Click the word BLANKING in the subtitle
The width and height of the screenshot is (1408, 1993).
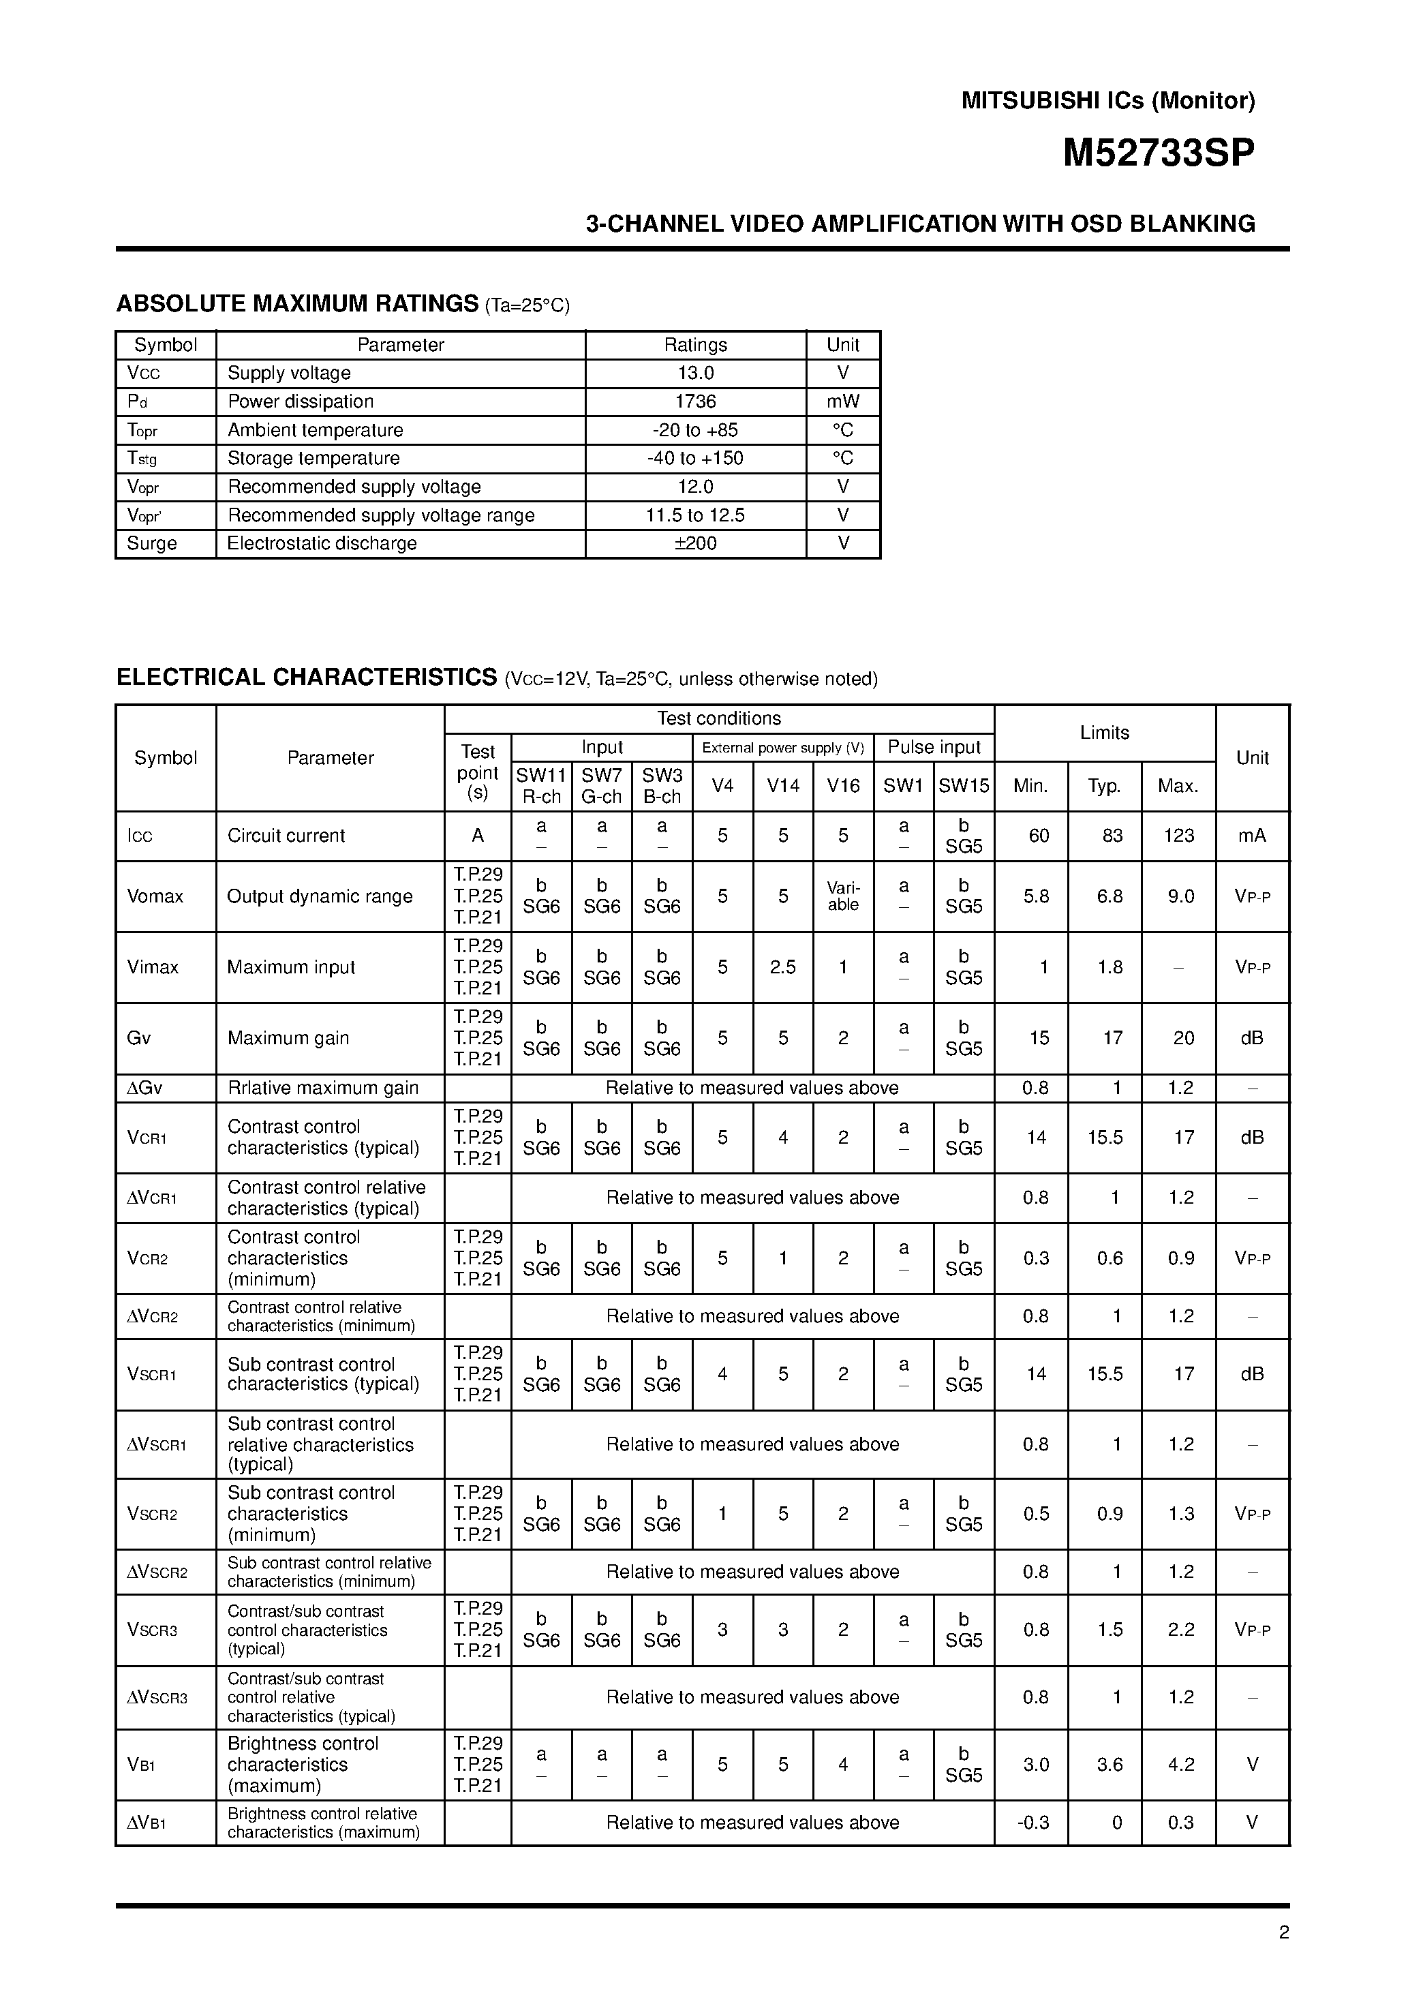(1193, 224)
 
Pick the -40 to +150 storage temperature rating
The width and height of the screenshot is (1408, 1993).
(695, 458)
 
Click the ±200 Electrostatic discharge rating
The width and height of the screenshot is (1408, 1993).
(695, 543)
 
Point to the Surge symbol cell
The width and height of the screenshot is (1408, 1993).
(152, 543)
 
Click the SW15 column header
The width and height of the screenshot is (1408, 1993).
(964, 786)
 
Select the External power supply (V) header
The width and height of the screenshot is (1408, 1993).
(782, 747)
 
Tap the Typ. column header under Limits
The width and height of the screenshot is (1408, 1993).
(1104, 787)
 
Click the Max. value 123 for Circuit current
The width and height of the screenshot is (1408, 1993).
(1179, 836)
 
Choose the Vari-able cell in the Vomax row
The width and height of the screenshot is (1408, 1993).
(843, 897)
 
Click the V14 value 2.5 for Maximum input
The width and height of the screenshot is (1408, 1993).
(782, 967)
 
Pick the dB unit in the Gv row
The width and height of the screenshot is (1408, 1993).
(1252, 1038)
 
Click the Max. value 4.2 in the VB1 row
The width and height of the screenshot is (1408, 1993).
(1180, 1765)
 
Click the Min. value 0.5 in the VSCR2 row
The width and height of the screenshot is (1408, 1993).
(1036, 1514)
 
